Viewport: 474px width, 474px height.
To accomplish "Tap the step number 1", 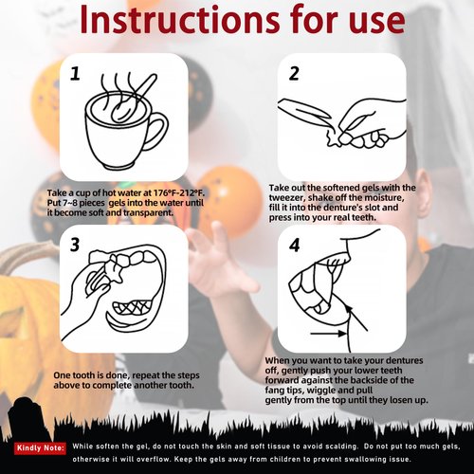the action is (x=75, y=74).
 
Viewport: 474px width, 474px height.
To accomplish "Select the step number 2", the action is (x=294, y=73).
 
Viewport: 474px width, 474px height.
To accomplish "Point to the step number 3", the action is (x=75, y=245).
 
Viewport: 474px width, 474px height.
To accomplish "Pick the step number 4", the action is (x=294, y=246).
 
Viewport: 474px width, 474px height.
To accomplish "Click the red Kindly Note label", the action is (x=41, y=447).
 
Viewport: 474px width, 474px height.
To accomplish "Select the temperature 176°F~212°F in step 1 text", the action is (x=178, y=192).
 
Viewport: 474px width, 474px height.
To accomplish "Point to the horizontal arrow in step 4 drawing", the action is (x=328, y=333).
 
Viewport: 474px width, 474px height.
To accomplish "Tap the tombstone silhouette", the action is (x=23, y=417).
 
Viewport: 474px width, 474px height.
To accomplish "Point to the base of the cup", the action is (x=118, y=166).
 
